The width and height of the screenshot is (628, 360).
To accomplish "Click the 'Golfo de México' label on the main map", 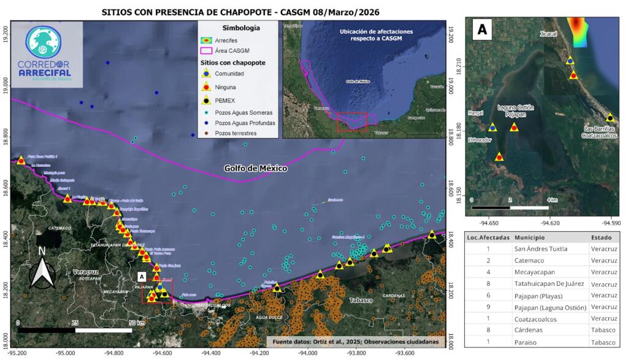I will [x=256, y=168].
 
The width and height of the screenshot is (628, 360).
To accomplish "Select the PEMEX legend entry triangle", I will [x=208, y=100].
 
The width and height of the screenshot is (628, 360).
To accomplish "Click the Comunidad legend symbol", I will [x=208, y=74].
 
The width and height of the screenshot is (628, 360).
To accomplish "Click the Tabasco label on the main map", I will [x=362, y=301].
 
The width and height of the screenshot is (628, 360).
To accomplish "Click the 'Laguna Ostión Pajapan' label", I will [x=515, y=111].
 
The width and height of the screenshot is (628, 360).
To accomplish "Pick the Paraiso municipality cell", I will [x=527, y=342].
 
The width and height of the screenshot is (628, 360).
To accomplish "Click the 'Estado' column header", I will [x=600, y=237].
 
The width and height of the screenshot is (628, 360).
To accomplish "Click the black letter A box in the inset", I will [x=482, y=29].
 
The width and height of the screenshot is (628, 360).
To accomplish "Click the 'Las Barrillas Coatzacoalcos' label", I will [x=600, y=133].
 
